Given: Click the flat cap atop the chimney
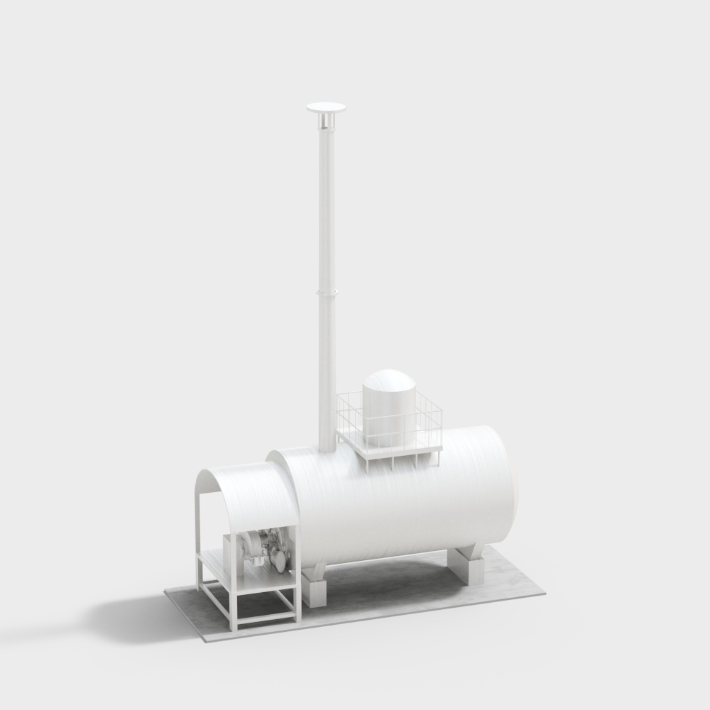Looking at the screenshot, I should pos(326,108).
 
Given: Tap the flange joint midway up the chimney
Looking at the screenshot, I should pos(326,291).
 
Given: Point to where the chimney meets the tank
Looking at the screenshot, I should pos(327,450).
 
